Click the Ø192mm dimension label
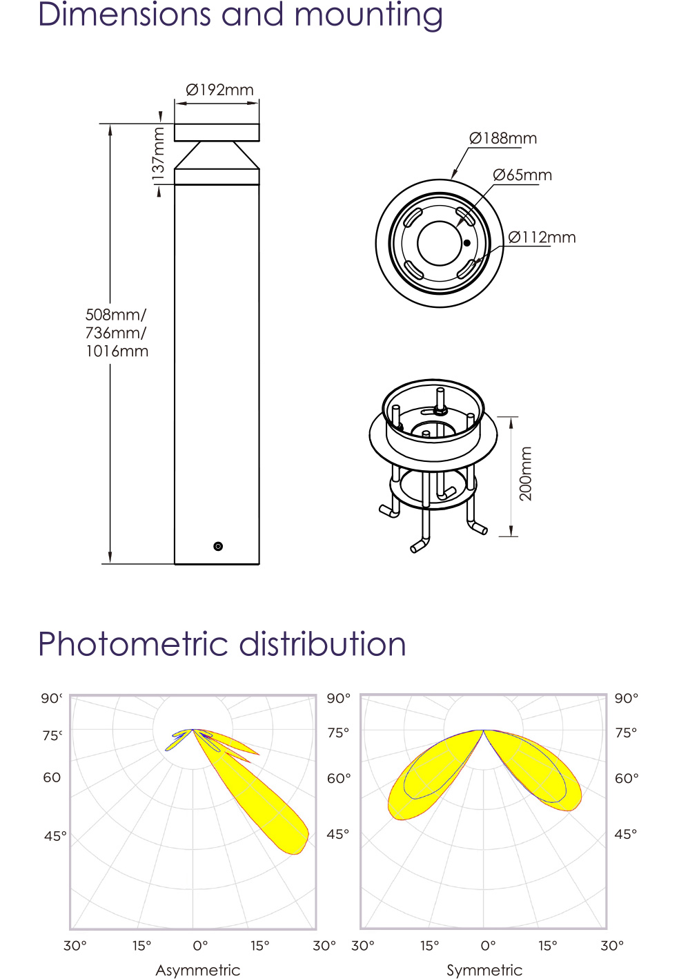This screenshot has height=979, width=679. pyautogui.click(x=219, y=90)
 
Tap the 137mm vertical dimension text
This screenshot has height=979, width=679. pyautogui.click(x=159, y=153)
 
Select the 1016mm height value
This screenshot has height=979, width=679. pyautogui.click(x=117, y=351)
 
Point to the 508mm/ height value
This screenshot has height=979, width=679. pyautogui.click(x=116, y=314)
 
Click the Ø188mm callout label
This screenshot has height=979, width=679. pyautogui.click(x=503, y=139)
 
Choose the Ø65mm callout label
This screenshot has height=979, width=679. pyautogui.click(x=522, y=175)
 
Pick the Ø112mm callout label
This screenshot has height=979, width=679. pyautogui.click(x=542, y=238)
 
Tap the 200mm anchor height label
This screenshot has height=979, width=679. pyautogui.click(x=526, y=474)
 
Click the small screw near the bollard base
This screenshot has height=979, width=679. pyautogui.click(x=218, y=546)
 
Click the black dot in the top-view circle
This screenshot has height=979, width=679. pyautogui.click(x=466, y=243)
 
